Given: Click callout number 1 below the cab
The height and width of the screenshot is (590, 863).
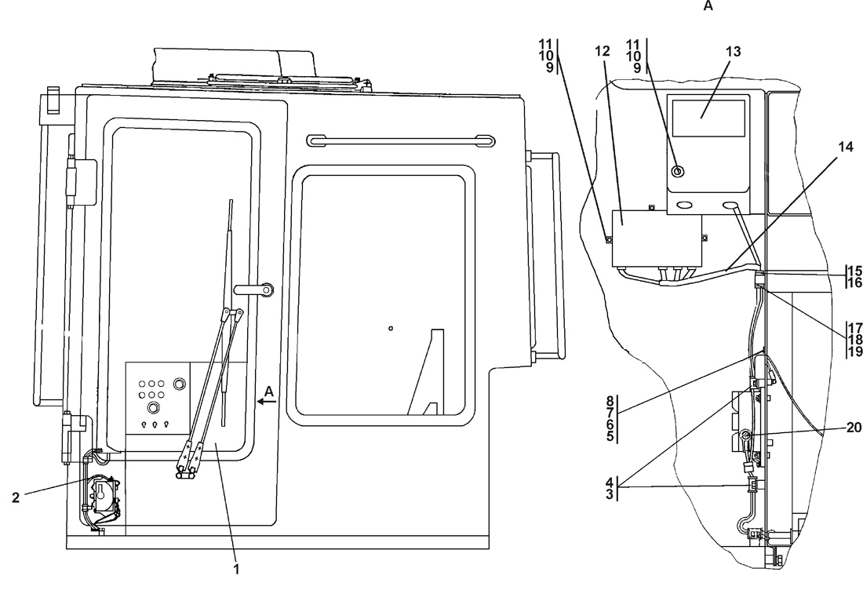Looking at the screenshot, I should coord(236,564).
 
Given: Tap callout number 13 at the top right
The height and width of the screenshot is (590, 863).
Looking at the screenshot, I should coord(733,51).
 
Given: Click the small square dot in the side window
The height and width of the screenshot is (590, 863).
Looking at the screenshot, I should coord(390,328).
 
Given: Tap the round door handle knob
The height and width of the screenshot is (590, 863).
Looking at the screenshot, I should coord(267,290).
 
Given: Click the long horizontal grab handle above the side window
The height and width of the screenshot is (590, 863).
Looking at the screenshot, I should coord(400,140).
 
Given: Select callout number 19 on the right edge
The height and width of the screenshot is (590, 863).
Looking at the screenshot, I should coord(854,352).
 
